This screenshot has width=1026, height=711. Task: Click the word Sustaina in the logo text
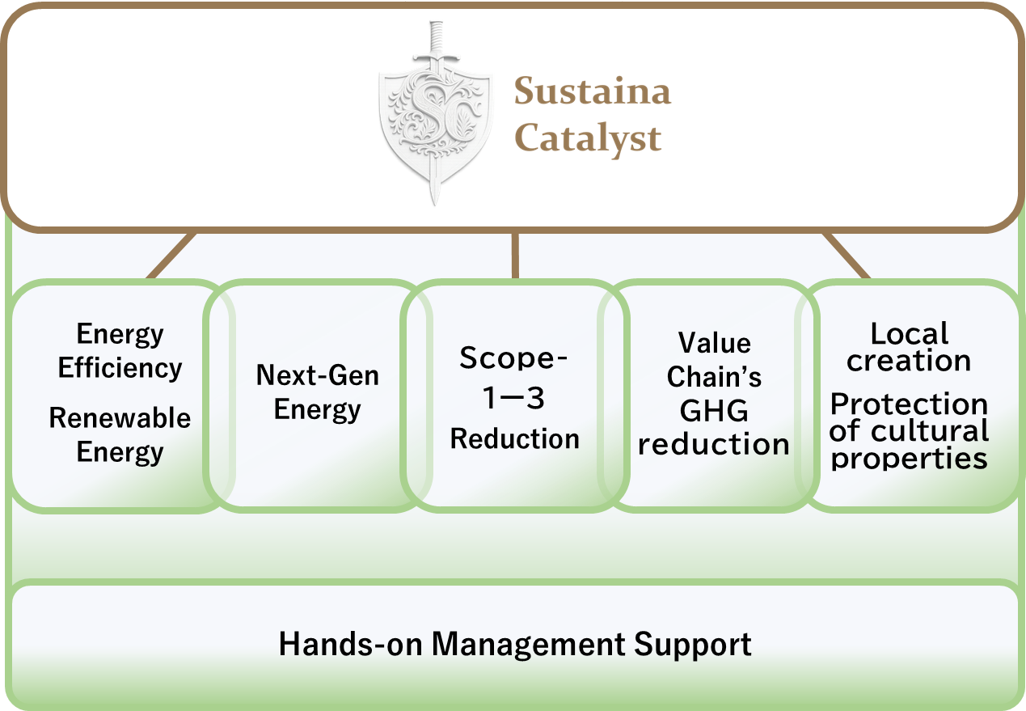(593, 91)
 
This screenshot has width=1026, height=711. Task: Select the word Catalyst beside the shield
(588, 138)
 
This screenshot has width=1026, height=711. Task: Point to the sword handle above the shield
(436, 40)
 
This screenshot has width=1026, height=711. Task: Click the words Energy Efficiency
(120, 351)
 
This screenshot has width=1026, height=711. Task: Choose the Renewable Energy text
(120, 434)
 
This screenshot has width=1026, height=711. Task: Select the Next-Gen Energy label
(317, 391)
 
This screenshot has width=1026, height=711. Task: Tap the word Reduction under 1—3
(514, 438)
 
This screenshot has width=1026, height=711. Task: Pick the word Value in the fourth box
(714, 342)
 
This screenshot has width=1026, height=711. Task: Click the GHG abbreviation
(714, 411)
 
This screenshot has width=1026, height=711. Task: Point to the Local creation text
(909, 347)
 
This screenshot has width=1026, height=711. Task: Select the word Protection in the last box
(909, 404)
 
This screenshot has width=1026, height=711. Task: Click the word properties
(909, 459)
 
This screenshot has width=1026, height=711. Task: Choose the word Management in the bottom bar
(528, 645)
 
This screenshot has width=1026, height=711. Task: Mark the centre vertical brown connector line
(515, 256)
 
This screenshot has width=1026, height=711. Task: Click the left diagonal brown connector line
(171, 256)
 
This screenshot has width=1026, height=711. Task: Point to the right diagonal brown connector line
(846, 256)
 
